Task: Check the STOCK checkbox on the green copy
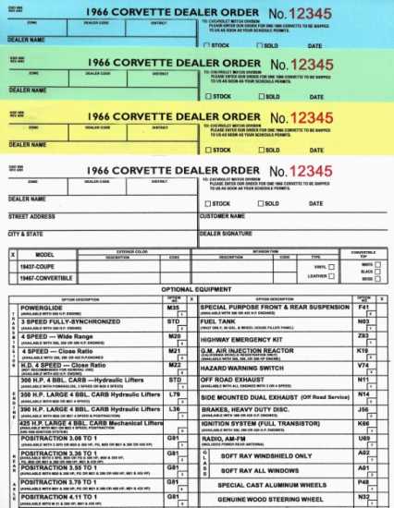click(206, 96)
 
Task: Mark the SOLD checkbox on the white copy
click(256, 204)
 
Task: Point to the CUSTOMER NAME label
click(221, 218)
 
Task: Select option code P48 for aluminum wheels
click(363, 482)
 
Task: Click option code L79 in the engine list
click(173, 393)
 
